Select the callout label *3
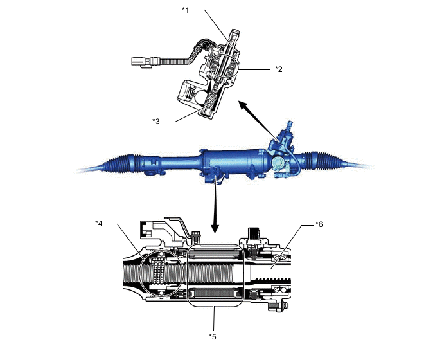coord(156,120)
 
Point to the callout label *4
coord(99,224)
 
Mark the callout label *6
coord(319,224)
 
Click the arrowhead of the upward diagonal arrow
coord(240,103)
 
